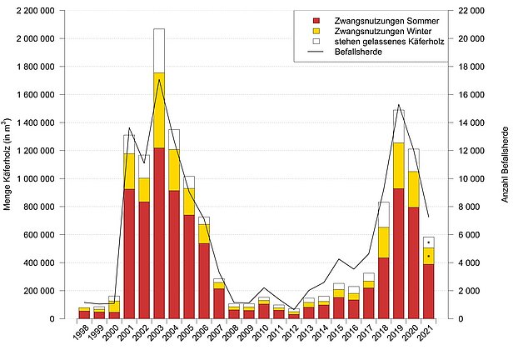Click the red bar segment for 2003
pos(159,233)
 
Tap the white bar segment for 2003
pos(159,50)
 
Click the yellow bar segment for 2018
pos(384,242)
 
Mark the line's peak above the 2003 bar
pos(159,80)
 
